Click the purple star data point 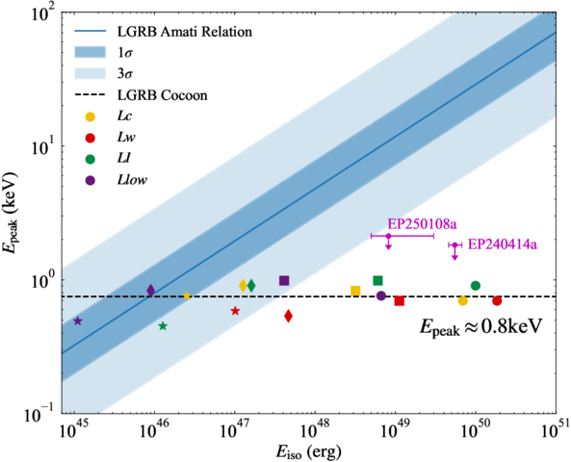click(x=78, y=321)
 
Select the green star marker click(x=163, y=326)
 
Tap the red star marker click(x=235, y=311)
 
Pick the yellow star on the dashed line click(x=187, y=295)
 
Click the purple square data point click(x=284, y=281)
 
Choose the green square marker click(x=377, y=281)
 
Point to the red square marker click(x=399, y=301)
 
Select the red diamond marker click(x=288, y=316)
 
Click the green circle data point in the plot click(x=476, y=286)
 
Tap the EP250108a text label click(x=422, y=224)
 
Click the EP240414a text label click(x=503, y=244)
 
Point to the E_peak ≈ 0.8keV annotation click(x=481, y=326)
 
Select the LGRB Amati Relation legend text click(x=185, y=32)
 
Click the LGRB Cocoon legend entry click(x=141, y=95)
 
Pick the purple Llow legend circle click(x=90, y=180)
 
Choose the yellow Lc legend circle click(x=90, y=116)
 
